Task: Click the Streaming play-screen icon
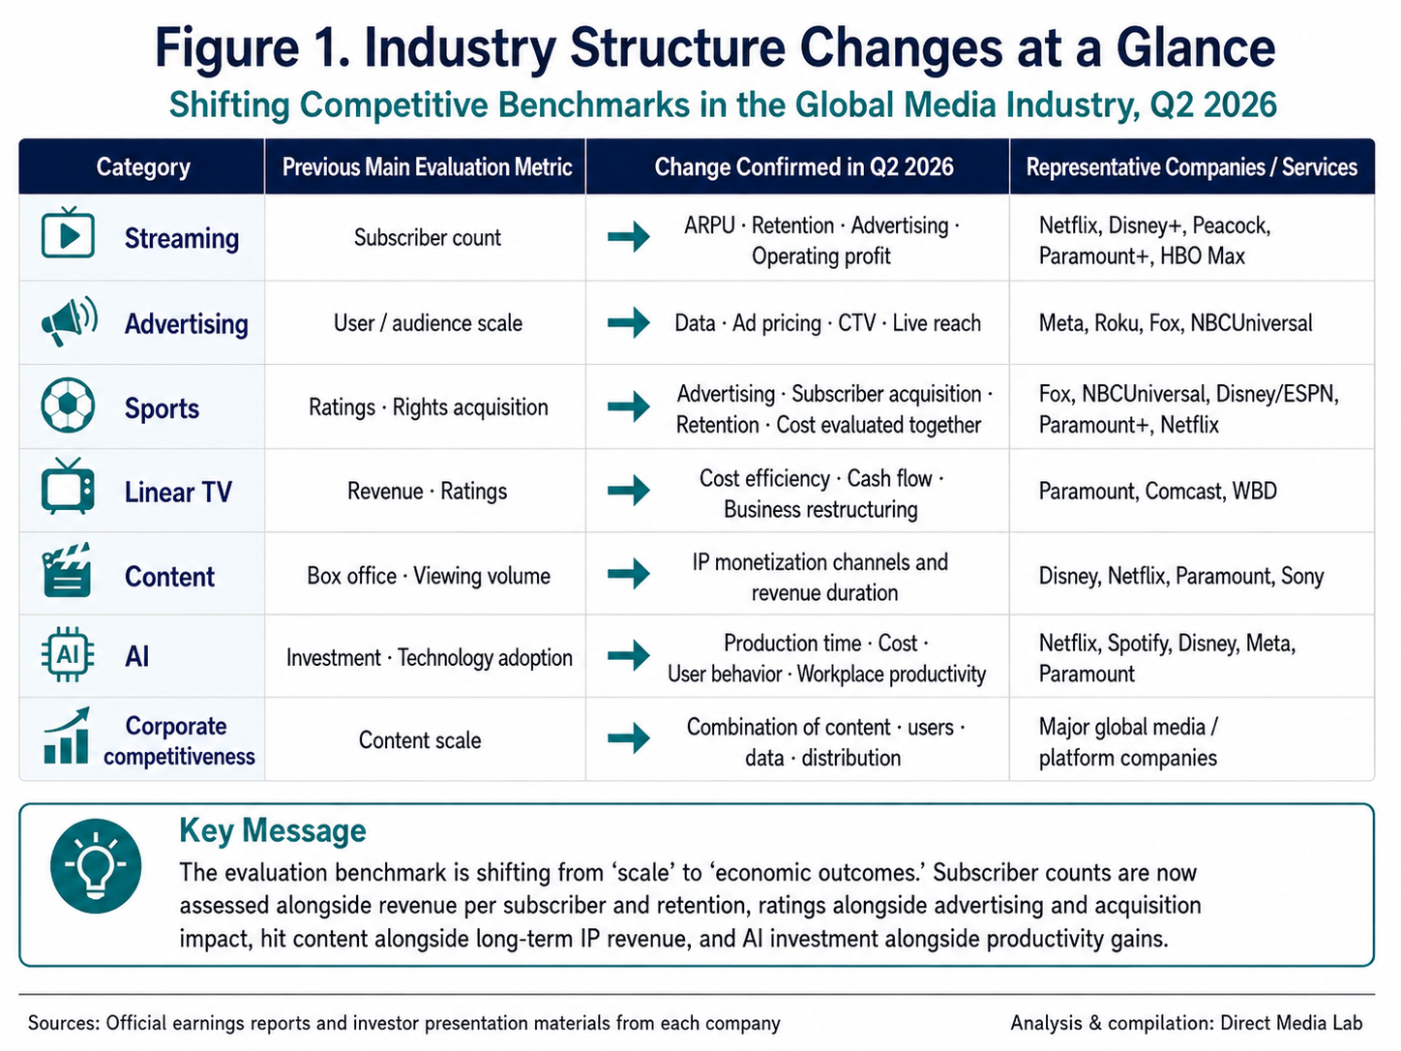click(68, 232)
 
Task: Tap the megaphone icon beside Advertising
click(70, 321)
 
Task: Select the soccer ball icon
click(68, 405)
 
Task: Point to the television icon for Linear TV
click(68, 486)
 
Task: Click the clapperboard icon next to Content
click(67, 570)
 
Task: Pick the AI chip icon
click(67, 655)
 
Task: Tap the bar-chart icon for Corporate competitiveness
click(67, 736)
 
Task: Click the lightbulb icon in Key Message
click(96, 866)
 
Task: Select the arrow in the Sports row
click(629, 406)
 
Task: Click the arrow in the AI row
click(629, 655)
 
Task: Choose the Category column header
click(143, 167)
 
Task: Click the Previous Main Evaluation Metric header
click(427, 167)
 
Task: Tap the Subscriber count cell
click(428, 237)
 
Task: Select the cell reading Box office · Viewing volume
click(429, 576)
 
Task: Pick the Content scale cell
click(420, 740)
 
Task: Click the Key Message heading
click(273, 831)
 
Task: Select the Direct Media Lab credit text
click(1292, 1023)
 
